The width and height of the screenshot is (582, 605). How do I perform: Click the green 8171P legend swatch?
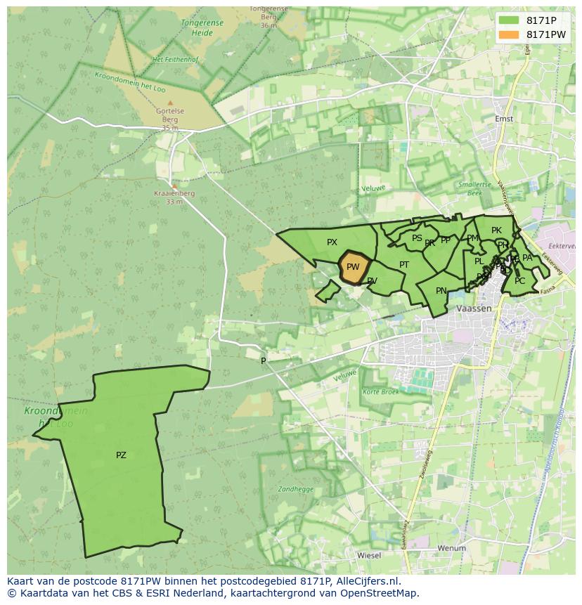tap(510, 20)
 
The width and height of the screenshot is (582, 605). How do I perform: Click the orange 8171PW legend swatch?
tap(510, 34)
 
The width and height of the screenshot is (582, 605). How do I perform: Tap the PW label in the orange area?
tap(353, 267)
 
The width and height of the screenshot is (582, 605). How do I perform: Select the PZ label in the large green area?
tap(121, 455)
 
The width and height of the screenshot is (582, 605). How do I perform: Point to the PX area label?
tap(332, 242)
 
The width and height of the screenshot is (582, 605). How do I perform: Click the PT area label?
tap(404, 265)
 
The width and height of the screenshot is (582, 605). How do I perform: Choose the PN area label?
tap(441, 291)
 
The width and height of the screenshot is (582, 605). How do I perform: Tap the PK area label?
tap(496, 230)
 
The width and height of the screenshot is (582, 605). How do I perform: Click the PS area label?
tap(417, 238)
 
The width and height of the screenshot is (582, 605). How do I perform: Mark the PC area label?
tap(519, 281)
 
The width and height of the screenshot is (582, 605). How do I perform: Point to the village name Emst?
tap(504, 119)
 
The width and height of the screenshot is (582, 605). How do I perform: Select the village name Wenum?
tap(451, 548)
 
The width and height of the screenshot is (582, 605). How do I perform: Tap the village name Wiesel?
tap(369, 555)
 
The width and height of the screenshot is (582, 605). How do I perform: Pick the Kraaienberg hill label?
tap(174, 193)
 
